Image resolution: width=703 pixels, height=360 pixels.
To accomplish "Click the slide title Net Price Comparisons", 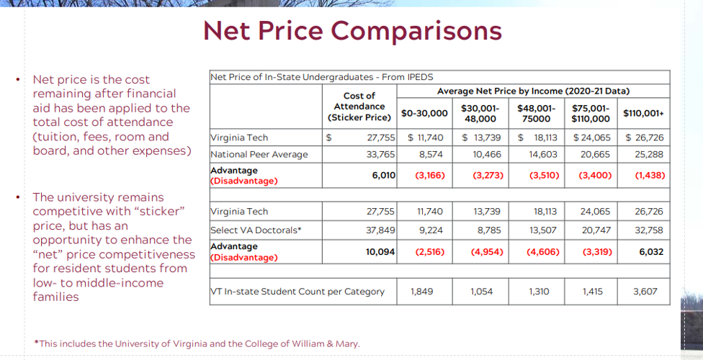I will [x=352, y=31].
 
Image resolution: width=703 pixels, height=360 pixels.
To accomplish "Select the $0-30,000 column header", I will [x=424, y=114].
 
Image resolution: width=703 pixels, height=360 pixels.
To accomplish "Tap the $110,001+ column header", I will [x=644, y=114].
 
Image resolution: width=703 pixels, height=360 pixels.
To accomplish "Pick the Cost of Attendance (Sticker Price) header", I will [x=359, y=107].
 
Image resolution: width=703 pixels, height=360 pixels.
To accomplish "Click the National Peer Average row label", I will [x=259, y=154].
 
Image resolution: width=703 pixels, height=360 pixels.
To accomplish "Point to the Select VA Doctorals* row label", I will [x=256, y=230].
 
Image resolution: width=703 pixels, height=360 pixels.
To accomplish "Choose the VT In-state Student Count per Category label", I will [x=297, y=292].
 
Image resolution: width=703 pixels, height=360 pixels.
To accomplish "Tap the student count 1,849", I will [x=423, y=292].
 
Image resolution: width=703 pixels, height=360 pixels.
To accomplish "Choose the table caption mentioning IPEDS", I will [x=321, y=77].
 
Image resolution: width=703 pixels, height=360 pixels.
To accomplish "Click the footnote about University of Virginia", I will [x=197, y=343].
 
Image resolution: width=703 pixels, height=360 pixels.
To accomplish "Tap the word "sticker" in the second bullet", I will [x=162, y=211].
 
